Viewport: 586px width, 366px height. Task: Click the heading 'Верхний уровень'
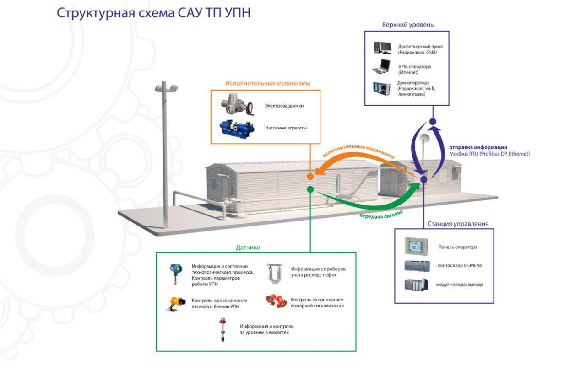point(407,24)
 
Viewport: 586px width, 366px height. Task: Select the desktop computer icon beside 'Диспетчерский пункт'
point(382,48)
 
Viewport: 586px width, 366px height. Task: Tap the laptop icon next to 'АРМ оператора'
point(381,66)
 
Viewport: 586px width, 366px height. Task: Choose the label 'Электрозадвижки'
point(284,106)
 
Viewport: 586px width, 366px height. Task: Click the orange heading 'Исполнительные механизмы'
point(268,84)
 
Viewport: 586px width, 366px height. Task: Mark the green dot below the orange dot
point(310,189)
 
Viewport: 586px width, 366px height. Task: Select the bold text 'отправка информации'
point(477,147)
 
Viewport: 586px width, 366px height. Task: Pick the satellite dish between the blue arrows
point(425,139)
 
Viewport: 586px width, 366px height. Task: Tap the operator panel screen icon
point(416,247)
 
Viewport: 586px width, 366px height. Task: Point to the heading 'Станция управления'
point(458,224)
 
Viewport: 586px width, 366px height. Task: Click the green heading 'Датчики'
point(248,248)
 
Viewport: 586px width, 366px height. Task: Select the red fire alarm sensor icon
point(276,301)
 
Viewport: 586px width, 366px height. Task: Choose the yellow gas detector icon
point(175,303)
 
